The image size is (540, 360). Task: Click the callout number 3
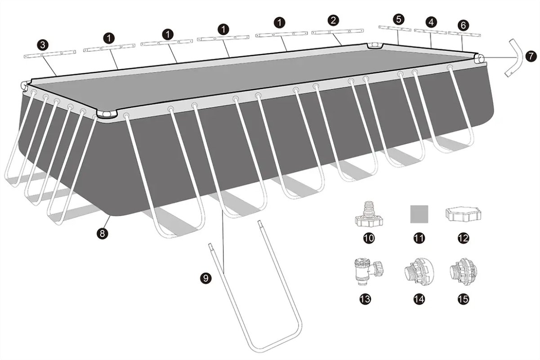coord(43,45)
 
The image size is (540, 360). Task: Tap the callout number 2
coord(333,20)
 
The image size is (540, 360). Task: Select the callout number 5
coord(398,19)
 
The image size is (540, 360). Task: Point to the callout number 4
coord(431,22)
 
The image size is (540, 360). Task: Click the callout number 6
coord(463,25)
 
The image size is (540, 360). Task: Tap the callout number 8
coord(102,233)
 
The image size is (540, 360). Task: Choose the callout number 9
coord(205,278)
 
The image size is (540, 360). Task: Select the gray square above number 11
coord(419,214)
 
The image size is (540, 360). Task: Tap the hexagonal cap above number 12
coord(463,214)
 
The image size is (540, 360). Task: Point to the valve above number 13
coord(368,271)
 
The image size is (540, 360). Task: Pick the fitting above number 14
coord(419,272)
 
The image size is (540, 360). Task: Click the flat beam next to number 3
coord(50,54)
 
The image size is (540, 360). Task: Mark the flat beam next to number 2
coord(338,31)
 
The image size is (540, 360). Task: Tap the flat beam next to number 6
coord(464,34)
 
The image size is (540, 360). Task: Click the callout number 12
coord(463,238)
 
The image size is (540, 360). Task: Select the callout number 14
coord(419,299)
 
